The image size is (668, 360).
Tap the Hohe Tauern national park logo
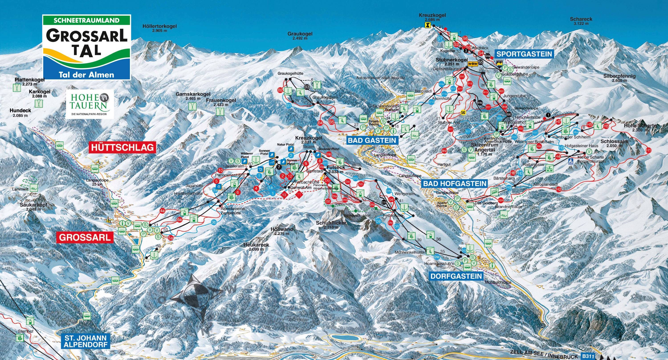[x=90, y=104]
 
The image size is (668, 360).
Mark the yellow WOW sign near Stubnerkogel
[x=472, y=63]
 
